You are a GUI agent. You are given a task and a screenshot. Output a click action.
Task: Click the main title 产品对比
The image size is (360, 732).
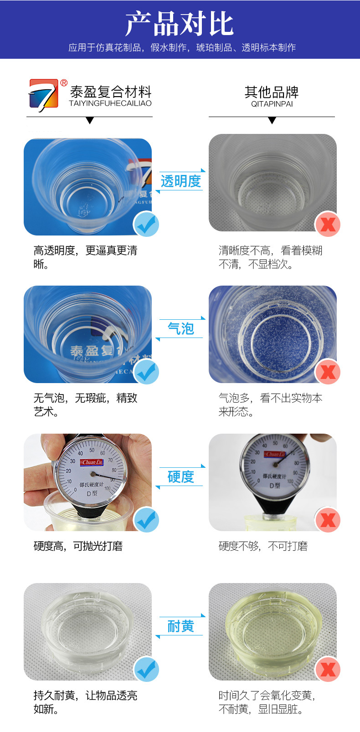coord(180,24)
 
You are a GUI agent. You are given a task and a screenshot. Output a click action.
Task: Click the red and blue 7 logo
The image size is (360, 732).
coord(44,95)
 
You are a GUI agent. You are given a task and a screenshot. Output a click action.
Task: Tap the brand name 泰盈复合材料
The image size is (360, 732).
coord(111,92)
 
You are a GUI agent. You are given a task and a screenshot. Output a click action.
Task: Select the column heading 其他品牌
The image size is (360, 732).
coord(272,92)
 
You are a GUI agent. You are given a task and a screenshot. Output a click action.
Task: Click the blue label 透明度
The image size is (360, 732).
coord(180,181)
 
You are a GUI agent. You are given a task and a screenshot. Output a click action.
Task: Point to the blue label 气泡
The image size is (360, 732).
coord(180,328)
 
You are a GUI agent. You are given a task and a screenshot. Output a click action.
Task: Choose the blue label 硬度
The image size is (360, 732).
coord(180,476)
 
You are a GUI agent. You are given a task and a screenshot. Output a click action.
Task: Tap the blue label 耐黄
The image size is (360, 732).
coord(180,626)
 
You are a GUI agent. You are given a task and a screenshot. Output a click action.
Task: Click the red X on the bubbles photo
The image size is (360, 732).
coord(328,372)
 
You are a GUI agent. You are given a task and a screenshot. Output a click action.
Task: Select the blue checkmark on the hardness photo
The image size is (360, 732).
coord(146,520)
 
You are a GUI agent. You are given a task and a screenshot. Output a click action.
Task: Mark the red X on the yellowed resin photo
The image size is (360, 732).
coord(328,669)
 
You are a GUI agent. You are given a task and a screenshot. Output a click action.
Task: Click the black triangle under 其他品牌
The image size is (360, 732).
coord(272,121)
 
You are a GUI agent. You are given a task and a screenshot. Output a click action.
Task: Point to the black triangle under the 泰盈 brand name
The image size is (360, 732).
coord(90,121)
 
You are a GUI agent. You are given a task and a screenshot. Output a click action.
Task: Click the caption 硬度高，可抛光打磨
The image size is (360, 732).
coord(78,546)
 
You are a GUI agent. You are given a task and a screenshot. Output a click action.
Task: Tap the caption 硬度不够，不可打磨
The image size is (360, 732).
coord(263,546)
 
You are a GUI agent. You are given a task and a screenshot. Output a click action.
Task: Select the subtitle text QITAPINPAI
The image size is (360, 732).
coord(272,104)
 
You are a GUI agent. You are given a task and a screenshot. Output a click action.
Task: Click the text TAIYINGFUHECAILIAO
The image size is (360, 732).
coord(110,103)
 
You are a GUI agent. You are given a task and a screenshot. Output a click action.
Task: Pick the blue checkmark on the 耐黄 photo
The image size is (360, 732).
coord(146,669)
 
